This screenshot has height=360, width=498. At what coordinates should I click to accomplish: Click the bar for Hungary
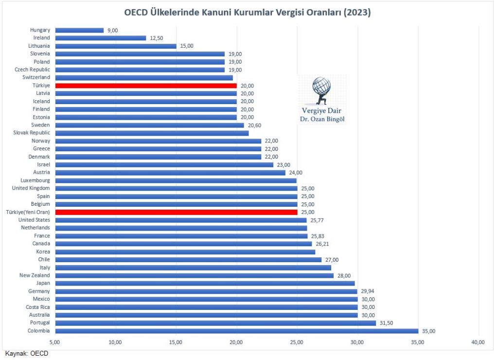coord(79,30)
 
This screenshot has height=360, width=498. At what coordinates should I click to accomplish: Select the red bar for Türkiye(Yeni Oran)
coord(176,212)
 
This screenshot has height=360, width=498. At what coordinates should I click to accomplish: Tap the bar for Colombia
coord(236,331)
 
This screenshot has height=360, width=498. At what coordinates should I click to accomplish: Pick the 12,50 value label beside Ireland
coord(157,38)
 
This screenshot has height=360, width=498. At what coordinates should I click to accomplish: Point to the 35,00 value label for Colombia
coord(429,331)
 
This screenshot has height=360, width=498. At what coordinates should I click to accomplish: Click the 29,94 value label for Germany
coord(369,291)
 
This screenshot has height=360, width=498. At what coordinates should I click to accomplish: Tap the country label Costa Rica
coord(37,307)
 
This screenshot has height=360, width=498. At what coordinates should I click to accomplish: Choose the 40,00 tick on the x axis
coord(478,342)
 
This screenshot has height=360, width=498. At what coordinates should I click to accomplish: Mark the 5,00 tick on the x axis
coord(55,342)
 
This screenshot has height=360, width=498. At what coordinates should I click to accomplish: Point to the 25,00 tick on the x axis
coord(297,342)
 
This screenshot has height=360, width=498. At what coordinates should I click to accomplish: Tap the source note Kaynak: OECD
coord(27,354)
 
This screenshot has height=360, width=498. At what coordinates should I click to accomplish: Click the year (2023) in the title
coord(356,13)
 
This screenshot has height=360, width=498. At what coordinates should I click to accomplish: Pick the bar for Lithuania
coord(116,46)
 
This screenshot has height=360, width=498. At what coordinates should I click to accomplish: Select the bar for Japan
coord(205,283)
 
